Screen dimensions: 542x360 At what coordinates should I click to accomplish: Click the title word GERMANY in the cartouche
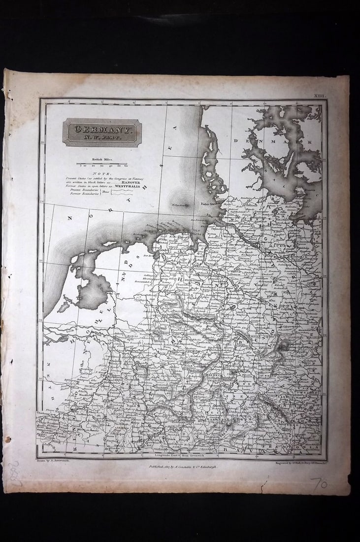pyautogui.click(x=102, y=129)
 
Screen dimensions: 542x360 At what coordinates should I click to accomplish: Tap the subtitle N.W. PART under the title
pyautogui.click(x=102, y=139)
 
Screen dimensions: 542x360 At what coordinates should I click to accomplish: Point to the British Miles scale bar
pyautogui.click(x=102, y=164)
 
